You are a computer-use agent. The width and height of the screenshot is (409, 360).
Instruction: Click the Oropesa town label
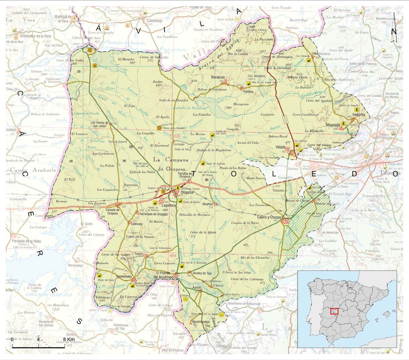click(187, 193)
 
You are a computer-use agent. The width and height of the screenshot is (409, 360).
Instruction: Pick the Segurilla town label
click(359, 115)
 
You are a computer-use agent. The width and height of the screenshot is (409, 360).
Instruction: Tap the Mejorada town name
click(333, 125)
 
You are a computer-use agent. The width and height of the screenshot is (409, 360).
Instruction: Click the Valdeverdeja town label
click(126, 276)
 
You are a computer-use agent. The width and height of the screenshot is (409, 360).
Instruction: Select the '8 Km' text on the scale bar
click(69, 340)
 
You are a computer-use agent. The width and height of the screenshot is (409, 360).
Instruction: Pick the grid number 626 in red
click(177, 136)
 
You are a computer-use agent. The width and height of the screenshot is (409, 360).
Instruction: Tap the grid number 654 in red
click(173, 255)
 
